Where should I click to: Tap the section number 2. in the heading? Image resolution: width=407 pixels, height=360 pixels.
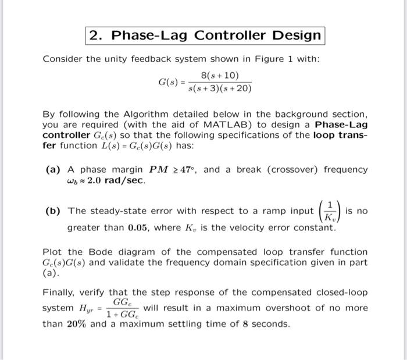pos(96,35)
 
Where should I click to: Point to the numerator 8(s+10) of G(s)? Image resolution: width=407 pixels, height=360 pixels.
pos(219,76)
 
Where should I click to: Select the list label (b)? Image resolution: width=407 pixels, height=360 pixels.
pos(55,211)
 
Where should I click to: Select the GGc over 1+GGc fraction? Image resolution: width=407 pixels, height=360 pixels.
pos(122,308)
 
